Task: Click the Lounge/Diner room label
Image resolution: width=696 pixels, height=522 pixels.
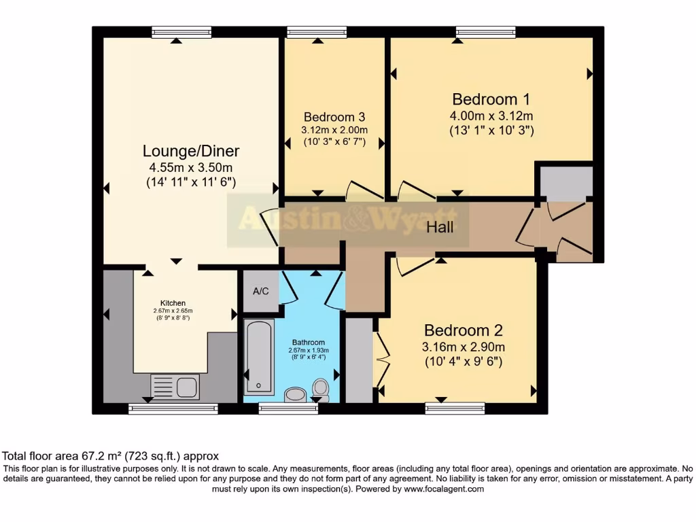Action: coord(191,151)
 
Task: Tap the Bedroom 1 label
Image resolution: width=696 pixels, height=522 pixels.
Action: coord(491,99)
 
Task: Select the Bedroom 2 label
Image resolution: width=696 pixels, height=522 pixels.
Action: coord(463,330)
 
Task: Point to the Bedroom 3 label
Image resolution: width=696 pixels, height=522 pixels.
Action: coord(334,116)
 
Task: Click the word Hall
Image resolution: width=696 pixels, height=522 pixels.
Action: coord(440,228)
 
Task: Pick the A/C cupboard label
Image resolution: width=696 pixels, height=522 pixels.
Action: coord(261,292)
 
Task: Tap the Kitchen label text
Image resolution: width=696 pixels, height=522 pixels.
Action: coord(173,303)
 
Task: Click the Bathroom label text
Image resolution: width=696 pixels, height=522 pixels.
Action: coord(308,342)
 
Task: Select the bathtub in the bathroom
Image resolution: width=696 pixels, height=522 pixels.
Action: coord(259,357)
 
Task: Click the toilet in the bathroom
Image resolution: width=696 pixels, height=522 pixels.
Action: coord(320,389)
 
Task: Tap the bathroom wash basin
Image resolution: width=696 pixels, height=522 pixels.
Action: coord(295,394)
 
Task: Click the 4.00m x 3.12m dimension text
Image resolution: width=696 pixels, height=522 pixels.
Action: coord(491,116)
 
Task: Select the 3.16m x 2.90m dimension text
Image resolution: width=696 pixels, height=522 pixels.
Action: coord(463,347)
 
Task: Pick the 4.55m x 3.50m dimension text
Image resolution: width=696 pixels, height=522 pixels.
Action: coord(191,167)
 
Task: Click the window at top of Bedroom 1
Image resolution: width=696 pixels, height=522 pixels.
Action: coord(485,32)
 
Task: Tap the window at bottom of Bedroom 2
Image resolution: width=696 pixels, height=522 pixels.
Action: coord(455,408)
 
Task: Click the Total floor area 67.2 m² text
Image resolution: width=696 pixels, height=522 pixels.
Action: coord(111,456)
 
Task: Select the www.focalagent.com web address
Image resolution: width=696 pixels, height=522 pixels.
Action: coord(443,489)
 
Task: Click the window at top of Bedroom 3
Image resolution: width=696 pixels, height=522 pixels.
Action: coord(317,32)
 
